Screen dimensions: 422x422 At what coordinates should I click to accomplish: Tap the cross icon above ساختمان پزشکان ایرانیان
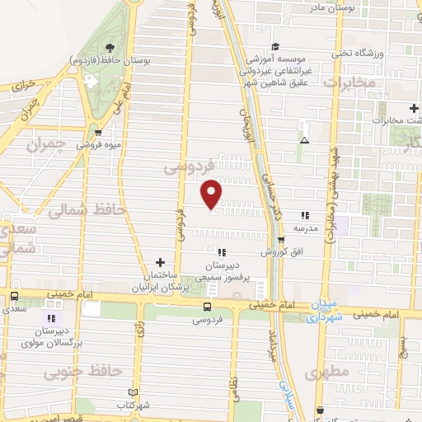point(160,261)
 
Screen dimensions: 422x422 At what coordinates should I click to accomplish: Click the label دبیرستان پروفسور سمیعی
point(221,271)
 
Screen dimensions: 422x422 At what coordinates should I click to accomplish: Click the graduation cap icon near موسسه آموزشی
point(276,47)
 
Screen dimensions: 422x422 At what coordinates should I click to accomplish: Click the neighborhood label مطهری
point(327,373)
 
